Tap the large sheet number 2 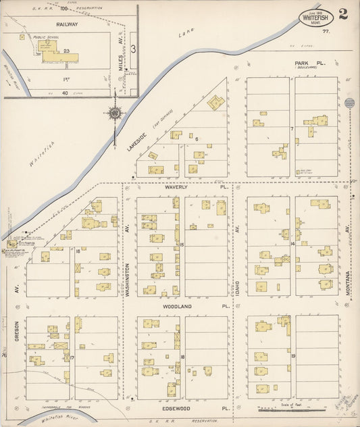pyautogui.click(x=344, y=14)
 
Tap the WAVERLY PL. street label pyautogui.click(x=178, y=189)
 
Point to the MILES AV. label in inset pyautogui.click(x=121, y=64)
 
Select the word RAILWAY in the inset pyautogui.click(x=67, y=24)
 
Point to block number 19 pyautogui.click(x=293, y=354)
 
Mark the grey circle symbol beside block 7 pyautogui.click(x=349, y=103)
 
